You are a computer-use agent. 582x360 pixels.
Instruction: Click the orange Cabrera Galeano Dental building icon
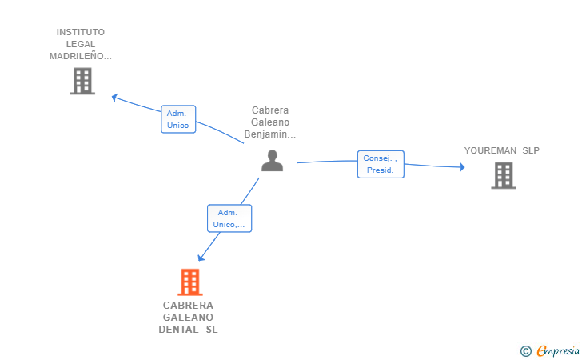coord(189,282)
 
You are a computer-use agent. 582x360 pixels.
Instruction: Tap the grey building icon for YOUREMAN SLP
coord(503,175)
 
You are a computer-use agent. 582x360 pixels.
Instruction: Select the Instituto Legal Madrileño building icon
coord(82,81)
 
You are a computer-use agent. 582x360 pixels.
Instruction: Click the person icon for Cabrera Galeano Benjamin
coord(273,161)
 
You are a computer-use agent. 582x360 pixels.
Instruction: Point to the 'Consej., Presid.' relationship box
coord(381,164)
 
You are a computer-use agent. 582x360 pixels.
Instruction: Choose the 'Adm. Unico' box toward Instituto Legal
coord(177,119)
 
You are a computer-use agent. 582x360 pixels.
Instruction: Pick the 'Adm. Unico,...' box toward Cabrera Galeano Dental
coord(229,218)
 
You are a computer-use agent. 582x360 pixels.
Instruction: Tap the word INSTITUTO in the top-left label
coord(80,32)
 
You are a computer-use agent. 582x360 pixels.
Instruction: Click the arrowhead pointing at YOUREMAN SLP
coord(462,167)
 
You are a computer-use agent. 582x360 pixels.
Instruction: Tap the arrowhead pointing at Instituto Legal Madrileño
coord(115,97)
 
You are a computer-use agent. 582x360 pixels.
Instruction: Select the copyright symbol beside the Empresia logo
coord(525,350)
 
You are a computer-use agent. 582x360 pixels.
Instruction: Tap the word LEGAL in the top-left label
coord(80,44)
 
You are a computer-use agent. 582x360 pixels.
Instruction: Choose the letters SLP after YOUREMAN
coord(531,150)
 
